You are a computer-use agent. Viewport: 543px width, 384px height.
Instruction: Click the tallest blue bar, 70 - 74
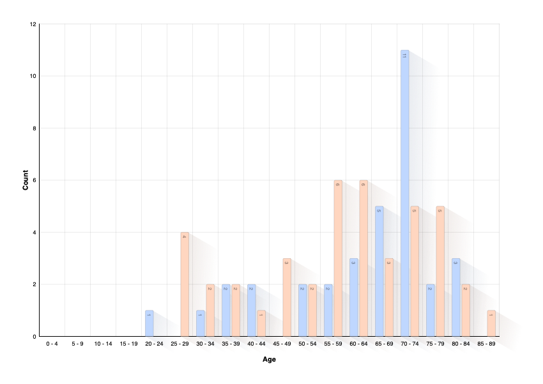(405, 192)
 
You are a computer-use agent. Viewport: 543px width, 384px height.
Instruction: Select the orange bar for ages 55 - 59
(338, 258)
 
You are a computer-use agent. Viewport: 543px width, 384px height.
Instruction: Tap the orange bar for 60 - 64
(363, 258)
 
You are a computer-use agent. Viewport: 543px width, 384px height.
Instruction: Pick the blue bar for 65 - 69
(379, 271)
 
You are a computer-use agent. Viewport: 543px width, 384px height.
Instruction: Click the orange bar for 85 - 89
(491, 323)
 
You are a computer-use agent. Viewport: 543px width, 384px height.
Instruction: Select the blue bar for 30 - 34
(201, 323)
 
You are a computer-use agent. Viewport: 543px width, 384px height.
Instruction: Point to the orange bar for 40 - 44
(261, 323)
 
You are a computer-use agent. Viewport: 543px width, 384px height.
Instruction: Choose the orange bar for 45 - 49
(287, 297)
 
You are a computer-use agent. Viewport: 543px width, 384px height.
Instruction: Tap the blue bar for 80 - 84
(456, 297)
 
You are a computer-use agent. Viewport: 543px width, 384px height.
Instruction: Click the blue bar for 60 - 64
(354, 297)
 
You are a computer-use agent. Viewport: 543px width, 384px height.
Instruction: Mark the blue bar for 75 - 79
(431, 310)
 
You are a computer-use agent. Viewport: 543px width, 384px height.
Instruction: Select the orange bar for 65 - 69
(389, 297)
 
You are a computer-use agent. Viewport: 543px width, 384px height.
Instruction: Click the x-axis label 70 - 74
(409, 344)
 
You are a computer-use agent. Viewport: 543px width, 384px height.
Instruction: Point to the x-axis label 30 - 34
(205, 344)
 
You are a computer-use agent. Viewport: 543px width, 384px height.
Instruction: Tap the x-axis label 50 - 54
(307, 344)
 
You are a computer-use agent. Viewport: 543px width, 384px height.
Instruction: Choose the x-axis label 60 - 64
(358, 344)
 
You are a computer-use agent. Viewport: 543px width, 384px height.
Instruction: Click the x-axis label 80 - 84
(461, 344)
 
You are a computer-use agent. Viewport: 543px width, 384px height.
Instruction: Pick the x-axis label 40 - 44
(256, 344)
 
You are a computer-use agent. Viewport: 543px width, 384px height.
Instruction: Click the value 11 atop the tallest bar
(404, 56)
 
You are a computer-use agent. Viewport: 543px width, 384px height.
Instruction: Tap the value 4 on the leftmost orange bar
(185, 237)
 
